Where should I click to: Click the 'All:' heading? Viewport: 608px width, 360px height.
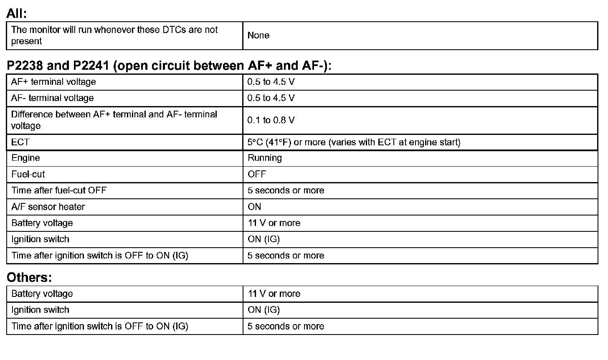tap(17, 13)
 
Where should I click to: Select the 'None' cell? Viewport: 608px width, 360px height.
tap(258, 35)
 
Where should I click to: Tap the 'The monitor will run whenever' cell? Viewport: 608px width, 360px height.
tap(114, 35)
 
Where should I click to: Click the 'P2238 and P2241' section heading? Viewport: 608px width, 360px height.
tap(169, 66)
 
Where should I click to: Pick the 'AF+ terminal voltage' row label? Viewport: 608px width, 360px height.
tap(53, 82)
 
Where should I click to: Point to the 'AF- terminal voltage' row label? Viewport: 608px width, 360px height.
tap(52, 98)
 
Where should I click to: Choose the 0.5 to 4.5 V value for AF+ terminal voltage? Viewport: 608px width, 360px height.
tap(271, 82)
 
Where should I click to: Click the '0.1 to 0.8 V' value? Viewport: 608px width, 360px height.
tap(271, 120)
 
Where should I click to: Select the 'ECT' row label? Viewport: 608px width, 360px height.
tap(20, 142)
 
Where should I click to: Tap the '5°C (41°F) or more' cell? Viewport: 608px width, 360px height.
tap(354, 142)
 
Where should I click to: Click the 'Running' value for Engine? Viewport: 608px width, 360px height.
tap(265, 158)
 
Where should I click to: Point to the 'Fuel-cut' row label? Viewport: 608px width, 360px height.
tap(28, 174)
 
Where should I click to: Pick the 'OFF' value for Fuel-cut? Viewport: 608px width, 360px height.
tap(256, 174)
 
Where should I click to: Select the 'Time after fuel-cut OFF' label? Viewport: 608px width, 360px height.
tap(59, 190)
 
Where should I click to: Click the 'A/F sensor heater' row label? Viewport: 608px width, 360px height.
tap(48, 207)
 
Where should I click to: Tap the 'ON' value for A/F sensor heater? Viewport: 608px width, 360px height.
tap(254, 207)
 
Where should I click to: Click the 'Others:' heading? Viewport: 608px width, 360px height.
tap(29, 277)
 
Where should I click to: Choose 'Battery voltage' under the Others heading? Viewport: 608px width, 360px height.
tap(42, 294)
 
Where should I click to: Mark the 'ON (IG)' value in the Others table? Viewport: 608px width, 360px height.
tap(263, 310)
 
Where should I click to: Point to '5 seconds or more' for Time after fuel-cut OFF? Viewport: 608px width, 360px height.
tap(286, 190)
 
